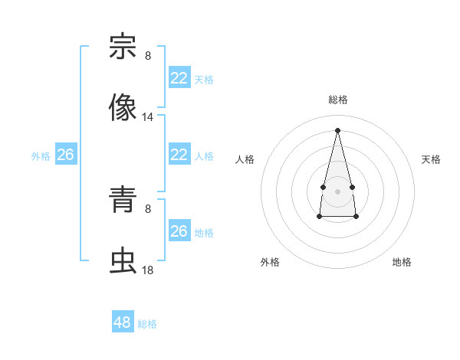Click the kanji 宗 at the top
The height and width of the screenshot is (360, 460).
pos(123,47)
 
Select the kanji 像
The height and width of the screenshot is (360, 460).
pos(123,108)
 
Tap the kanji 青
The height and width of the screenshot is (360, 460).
pos(123,200)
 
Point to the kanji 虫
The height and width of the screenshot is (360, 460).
pos(123,261)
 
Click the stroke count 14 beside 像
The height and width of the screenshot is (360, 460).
pos(148,117)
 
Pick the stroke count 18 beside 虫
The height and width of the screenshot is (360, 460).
pos(148,270)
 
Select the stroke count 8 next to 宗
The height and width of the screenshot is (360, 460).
pos(148,56)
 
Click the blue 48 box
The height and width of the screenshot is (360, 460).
pos(123,322)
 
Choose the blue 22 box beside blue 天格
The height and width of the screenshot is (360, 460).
pos(179,78)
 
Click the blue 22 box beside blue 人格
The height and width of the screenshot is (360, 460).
pos(179,155)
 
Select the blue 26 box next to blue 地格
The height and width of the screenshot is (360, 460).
pos(179,231)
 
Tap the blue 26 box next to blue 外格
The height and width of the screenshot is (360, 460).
pos(65,155)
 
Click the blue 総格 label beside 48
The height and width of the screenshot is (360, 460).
pos(147,324)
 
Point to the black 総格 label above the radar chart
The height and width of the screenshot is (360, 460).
pos(337,100)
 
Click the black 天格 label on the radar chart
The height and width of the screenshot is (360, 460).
pos(431,159)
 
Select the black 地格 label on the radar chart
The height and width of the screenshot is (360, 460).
pos(402,262)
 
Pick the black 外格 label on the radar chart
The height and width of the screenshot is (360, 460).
pos(270,262)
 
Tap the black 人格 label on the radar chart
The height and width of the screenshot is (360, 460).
pos(245,159)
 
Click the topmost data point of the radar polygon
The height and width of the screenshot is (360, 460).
pos(337,129)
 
